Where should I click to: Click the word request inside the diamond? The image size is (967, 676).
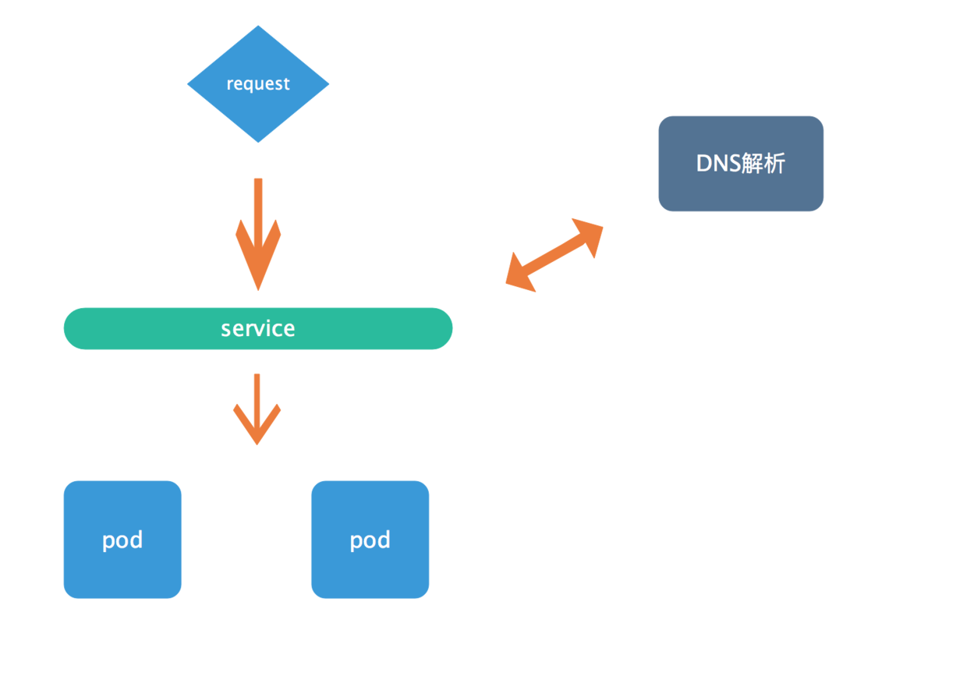(x=258, y=83)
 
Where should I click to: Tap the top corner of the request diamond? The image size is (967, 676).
(x=258, y=26)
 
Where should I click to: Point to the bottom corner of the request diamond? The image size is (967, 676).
(x=258, y=142)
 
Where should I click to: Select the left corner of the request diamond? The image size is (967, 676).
(x=187, y=84)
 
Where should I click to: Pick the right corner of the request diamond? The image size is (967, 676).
(x=329, y=84)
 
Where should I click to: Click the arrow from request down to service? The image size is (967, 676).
(x=258, y=235)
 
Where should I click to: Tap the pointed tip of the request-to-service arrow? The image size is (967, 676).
(x=258, y=290)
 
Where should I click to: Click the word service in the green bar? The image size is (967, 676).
(x=258, y=328)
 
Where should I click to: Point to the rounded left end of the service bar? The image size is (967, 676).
(x=65, y=328)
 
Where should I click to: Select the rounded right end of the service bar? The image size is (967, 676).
(x=452, y=328)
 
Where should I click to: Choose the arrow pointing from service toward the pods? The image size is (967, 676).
(x=257, y=409)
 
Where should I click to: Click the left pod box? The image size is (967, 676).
(x=122, y=540)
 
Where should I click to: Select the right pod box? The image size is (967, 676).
(x=370, y=540)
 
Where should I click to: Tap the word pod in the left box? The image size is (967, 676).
(x=122, y=540)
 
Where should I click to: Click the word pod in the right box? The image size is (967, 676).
(x=370, y=540)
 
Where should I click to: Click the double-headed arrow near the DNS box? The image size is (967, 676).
(x=554, y=256)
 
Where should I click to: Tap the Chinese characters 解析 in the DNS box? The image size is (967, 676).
(x=763, y=164)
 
